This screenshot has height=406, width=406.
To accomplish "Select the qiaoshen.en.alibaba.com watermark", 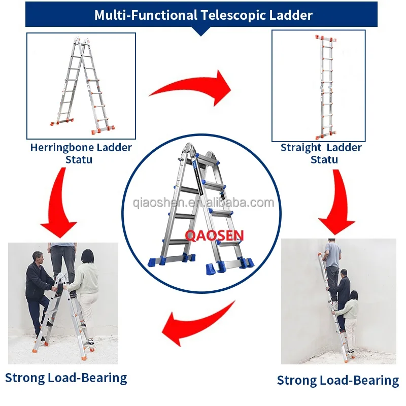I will (x=203, y=204).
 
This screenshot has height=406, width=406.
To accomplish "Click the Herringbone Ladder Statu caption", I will (x=81, y=153).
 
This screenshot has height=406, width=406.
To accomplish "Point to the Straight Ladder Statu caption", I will (x=321, y=153).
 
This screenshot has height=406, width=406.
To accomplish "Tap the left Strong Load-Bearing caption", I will (x=66, y=378).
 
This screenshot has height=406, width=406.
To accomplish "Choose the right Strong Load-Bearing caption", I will (x=338, y=380).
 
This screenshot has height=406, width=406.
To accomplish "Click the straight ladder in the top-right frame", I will (x=324, y=86).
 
